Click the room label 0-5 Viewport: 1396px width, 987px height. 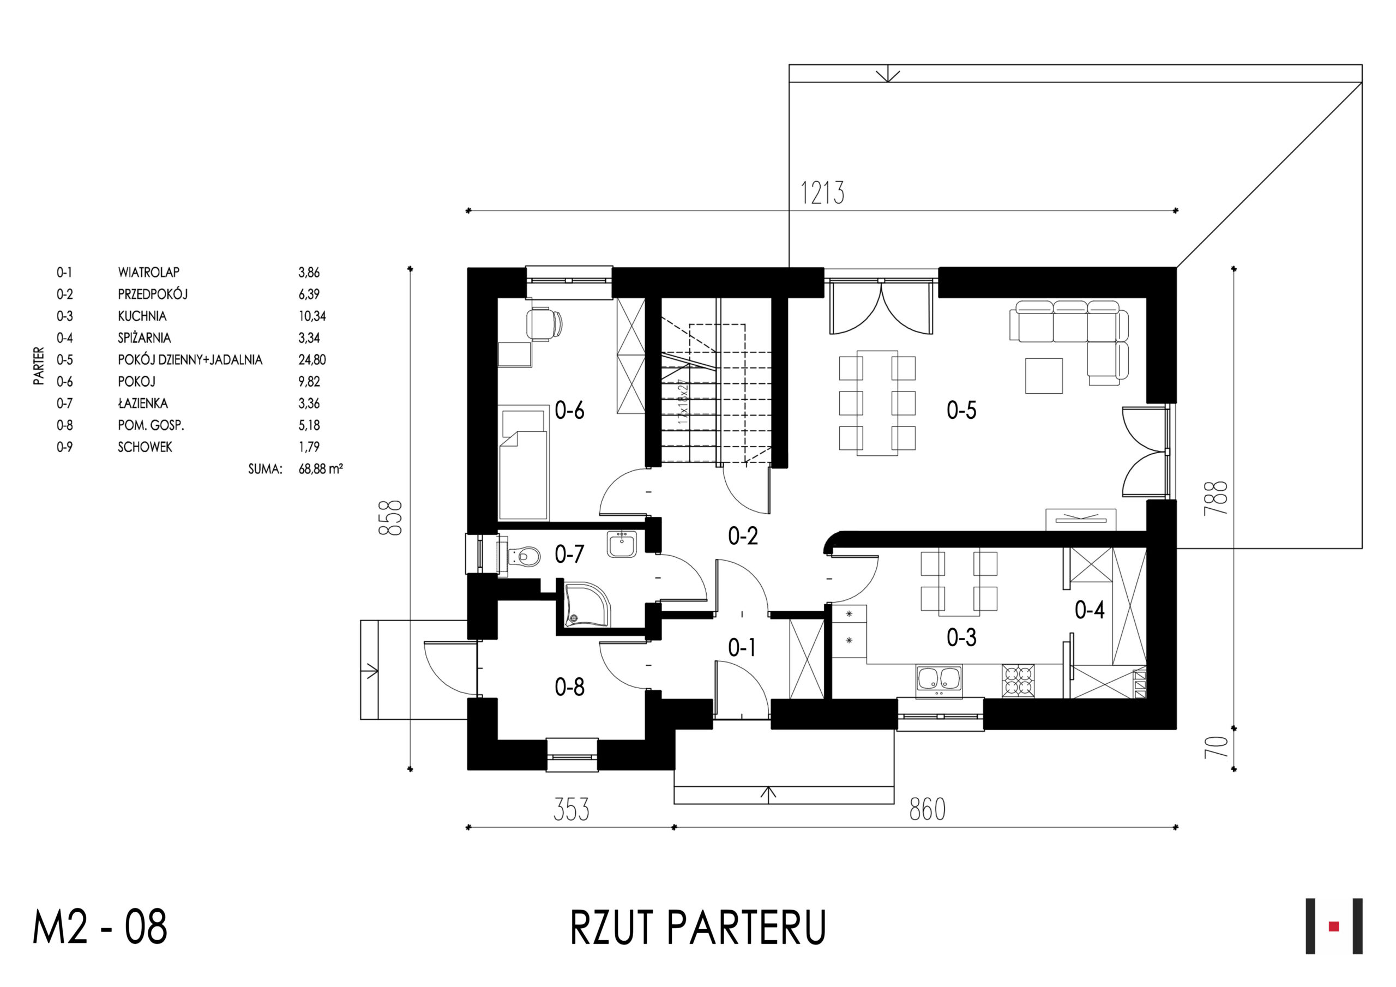tap(961, 411)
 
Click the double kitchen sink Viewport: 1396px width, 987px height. tap(939, 680)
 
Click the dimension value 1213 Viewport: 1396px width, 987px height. tap(822, 193)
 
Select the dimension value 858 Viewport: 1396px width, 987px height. tap(390, 517)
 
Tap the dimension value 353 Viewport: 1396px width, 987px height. tap(571, 809)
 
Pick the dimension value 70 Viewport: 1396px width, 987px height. tap(1217, 748)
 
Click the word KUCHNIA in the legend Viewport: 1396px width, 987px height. tap(142, 316)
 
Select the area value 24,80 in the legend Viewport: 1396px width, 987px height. tap(312, 360)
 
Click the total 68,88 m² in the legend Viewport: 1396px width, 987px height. tap(321, 469)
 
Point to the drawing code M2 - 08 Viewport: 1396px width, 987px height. tap(100, 928)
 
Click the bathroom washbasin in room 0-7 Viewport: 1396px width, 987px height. tap(622, 544)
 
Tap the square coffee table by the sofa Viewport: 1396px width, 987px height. tap(1044, 376)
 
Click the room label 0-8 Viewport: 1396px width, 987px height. tap(570, 687)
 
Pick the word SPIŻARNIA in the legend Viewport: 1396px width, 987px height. tap(145, 338)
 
